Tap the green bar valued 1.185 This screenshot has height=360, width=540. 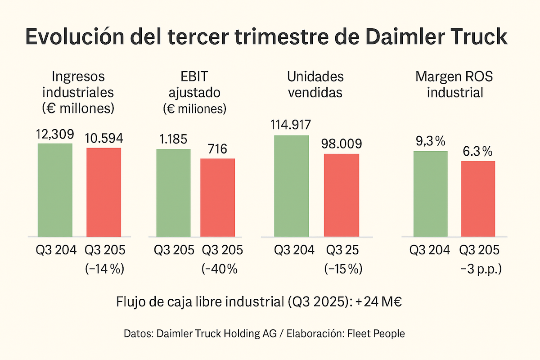pyautogui.click(x=173, y=193)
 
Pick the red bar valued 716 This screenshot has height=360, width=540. pyautogui.click(x=217, y=197)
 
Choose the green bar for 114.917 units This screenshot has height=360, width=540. pyautogui.click(x=292, y=186)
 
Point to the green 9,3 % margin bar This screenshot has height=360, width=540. pyautogui.click(x=430, y=193)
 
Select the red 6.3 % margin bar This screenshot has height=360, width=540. pyautogui.click(x=478, y=198)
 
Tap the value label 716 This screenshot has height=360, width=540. pyautogui.click(x=217, y=149)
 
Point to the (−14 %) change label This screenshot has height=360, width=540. pyautogui.click(x=104, y=269)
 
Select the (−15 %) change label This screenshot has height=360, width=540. pyautogui.click(x=343, y=269)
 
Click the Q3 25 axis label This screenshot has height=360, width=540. pyautogui.click(x=343, y=250)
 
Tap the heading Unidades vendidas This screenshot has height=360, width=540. pyautogui.click(x=315, y=84)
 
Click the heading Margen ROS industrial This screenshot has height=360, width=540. pyautogui.click(x=454, y=84)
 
